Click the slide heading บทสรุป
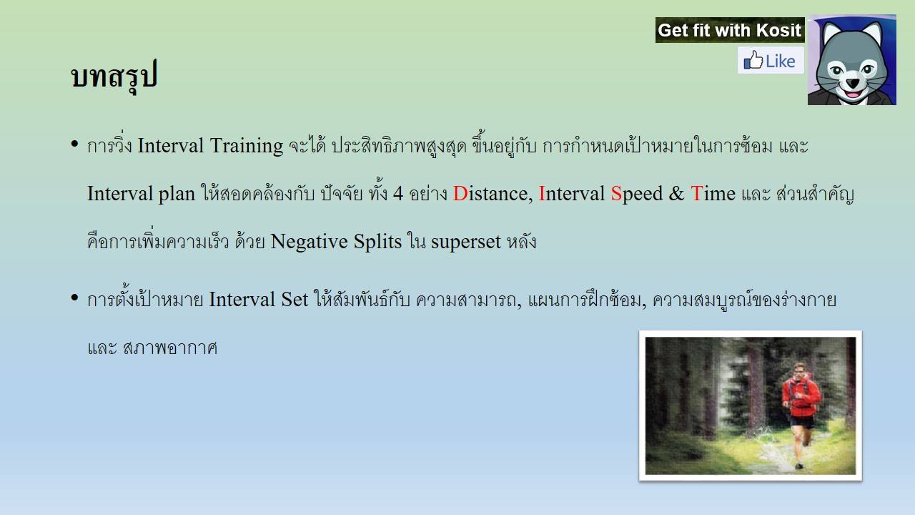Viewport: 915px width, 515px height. tap(114, 76)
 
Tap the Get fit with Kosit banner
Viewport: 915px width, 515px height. tap(730, 30)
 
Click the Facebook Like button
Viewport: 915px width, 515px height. tap(771, 61)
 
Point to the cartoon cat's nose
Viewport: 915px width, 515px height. tap(853, 83)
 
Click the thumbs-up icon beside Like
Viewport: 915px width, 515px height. tap(753, 61)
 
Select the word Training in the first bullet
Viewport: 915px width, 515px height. tap(247, 147)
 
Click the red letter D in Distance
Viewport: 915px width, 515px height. tap(460, 193)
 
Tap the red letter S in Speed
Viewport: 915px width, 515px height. tap(616, 193)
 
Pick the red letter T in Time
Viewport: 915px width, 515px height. tap(696, 193)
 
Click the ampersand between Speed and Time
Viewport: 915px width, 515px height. tap(676, 193)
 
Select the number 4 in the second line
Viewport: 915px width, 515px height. tap(398, 194)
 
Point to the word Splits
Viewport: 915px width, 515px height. tap(377, 242)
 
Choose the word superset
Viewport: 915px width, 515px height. tap(465, 242)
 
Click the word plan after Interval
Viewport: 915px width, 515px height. tap(177, 195)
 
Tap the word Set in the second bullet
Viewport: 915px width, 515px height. tap(294, 300)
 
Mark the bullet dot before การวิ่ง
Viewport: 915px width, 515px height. tap(74, 144)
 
